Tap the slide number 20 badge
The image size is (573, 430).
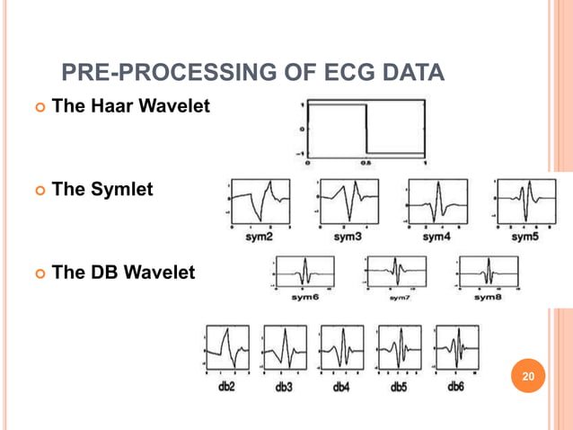(528, 373)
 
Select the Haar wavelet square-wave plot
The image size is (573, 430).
(366, 130)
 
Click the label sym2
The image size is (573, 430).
(260, 237)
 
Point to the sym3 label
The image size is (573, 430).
(348, 237)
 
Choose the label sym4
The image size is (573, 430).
(436, 237)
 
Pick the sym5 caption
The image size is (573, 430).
(525, 237)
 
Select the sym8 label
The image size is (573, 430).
(488, 296)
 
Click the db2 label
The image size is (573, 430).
(228, 388)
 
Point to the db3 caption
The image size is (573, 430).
(284, 388)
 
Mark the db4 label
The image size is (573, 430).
(341, 388)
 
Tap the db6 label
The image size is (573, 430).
(454, 388)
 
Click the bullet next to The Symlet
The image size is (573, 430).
(39, 191)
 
